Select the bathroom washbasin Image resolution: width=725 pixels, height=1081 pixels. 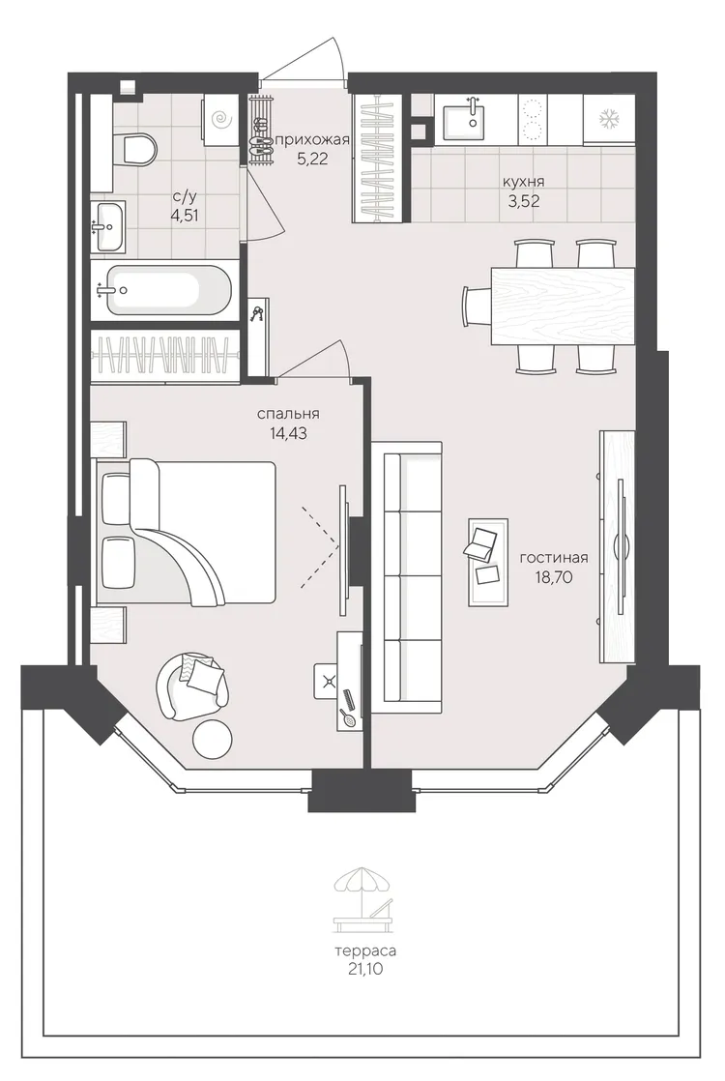[x=108, y=226]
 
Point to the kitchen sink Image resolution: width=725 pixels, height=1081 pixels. [x=463, y=120]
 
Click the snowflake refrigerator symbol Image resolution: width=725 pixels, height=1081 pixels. [x=609, y=119]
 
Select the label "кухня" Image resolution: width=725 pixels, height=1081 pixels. [x=524, y=182]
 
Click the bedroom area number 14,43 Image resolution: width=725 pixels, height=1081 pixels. [x=289, y=433]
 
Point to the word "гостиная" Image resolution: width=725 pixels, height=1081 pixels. [x=553, y=558]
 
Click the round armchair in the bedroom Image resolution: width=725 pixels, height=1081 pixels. [x=192, y=686]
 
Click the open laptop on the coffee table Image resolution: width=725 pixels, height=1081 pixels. [x=481, y=542]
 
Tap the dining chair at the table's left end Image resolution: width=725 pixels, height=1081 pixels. [x=477, y=306]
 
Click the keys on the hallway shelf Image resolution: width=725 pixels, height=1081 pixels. [x=257, y=314]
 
